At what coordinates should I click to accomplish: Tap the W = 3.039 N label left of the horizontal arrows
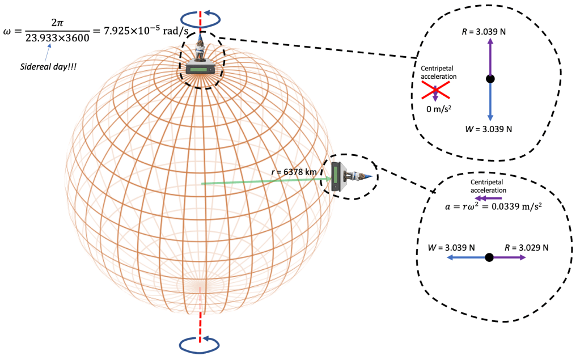pyautogui.click(x=451, y=248)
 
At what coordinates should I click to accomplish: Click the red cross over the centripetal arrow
pyautogui.click(x=435, y=90)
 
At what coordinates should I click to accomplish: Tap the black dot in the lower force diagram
pyautogui.click(x=489, y=257)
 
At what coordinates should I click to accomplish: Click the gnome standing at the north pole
pyautogui.click(x=200, y=48)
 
